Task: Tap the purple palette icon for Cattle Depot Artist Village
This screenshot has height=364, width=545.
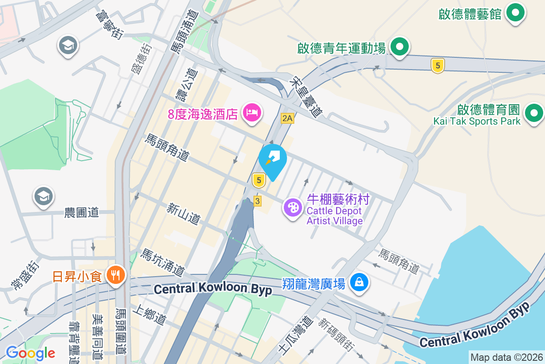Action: [x=293, y=208]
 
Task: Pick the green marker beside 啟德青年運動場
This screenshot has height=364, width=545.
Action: [x=399, y=47]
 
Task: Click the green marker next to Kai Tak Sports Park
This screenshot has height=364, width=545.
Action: [x=534, y=112]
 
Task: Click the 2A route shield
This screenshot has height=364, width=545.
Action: [x=287, y=119]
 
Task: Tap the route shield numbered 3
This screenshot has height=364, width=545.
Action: [x=258, y=201]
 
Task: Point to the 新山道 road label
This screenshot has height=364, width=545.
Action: [x=183, y=214]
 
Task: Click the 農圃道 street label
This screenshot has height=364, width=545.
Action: [x=82, y=212]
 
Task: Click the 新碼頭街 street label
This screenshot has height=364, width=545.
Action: [x=336, y=335]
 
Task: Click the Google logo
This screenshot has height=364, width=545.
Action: [x=30, y=353]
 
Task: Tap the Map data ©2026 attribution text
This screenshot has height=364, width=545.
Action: [x=506, y=357]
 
